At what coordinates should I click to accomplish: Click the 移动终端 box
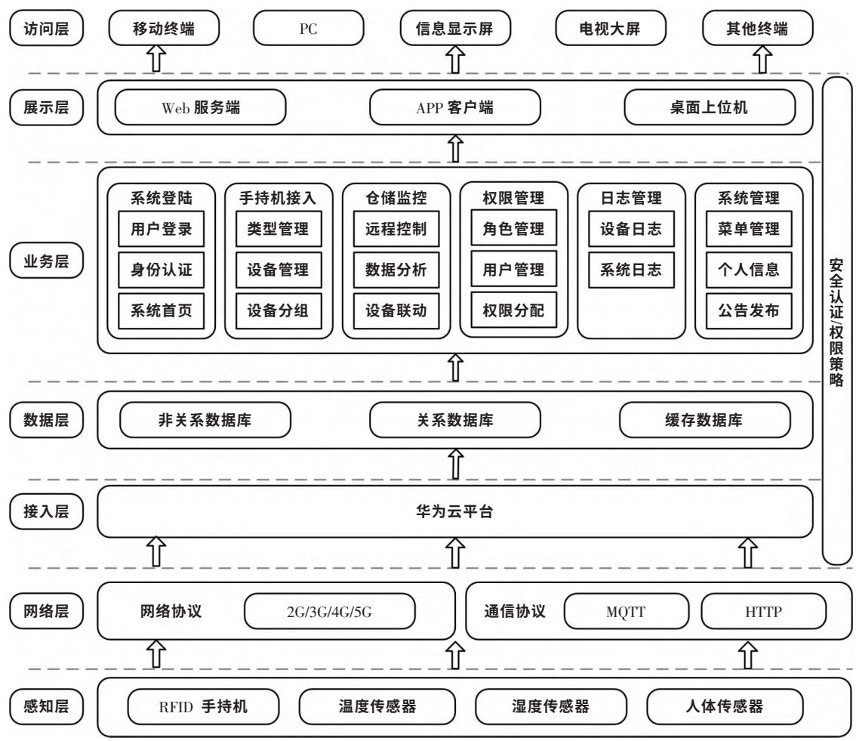tap(164, 29)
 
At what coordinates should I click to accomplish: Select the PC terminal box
tap(309, 29)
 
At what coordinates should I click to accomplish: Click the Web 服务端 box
tap(201, 108)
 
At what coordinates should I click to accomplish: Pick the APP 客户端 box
tap(455, 108)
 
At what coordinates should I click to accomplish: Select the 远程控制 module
tap(391, 229)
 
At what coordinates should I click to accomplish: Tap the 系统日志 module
tap(627, 269)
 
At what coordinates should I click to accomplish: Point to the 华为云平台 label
tap(455, 512)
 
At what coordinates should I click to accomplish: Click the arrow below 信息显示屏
tap(455, 57)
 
